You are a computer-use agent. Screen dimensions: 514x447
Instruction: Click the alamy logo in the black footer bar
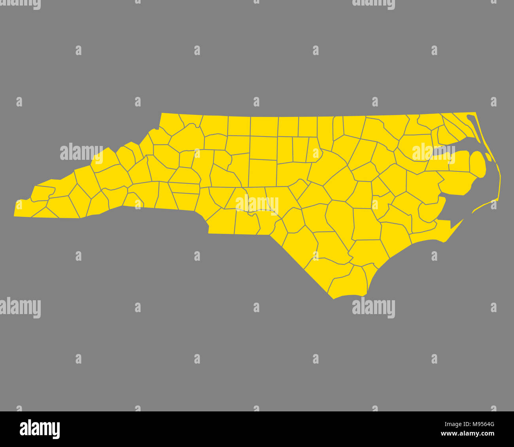pos(40,429)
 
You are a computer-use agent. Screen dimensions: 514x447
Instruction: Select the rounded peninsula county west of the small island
pos(477,164)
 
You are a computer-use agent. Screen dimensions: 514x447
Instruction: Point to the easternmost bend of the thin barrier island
pos(500,178)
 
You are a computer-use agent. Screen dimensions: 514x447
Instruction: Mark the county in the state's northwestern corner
pos(170,125)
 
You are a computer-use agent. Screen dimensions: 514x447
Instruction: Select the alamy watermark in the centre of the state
pos(257,205)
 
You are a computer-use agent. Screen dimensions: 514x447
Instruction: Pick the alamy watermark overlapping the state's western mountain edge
pos(81,153)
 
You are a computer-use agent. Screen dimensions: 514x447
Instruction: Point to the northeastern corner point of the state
pos(475,113)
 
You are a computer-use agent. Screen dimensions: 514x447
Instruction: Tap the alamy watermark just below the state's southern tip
pos(373,307)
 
